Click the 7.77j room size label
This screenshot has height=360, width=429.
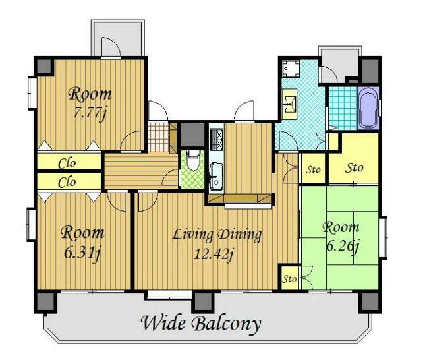click(x=90, y=113)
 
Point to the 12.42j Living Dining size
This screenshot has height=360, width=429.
click(x=214, y=255)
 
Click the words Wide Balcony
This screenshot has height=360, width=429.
click(x=201, y=324)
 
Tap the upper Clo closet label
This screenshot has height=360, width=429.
click(x=67, y=164)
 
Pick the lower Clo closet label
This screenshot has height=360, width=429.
click(x=67, y=182)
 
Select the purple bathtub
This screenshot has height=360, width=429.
click(x=368, y=108)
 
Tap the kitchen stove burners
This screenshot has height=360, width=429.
click(x=217, y=139)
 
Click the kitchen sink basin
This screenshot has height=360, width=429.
click(x=216, y=176)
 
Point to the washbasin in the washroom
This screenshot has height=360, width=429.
click(x=289, y=104)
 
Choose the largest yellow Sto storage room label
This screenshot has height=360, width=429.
click(x=354, y=168)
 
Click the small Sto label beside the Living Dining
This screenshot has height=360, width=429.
click(x=289, y=280)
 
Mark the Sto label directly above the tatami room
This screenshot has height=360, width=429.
click(x=313, y=169)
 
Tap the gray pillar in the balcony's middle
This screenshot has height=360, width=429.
click(x=203, y=302)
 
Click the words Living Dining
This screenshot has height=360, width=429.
click(x=217, y=235)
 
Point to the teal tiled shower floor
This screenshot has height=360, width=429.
click(x=343, y=108)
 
